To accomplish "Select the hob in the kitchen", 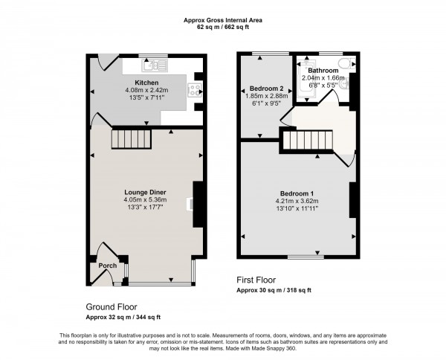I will click(x=195, y=91).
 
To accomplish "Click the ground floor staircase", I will click(x=131, y=138).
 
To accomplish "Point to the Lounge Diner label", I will click(x=146, y=191).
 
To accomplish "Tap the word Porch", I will click(x=107, y=266).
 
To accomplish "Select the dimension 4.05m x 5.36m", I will click(x=146, y=199).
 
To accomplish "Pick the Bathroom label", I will click(x=324, y=71).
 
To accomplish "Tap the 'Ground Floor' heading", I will click(x=111, y=306).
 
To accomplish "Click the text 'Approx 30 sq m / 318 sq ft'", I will click(x=274, y=291).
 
